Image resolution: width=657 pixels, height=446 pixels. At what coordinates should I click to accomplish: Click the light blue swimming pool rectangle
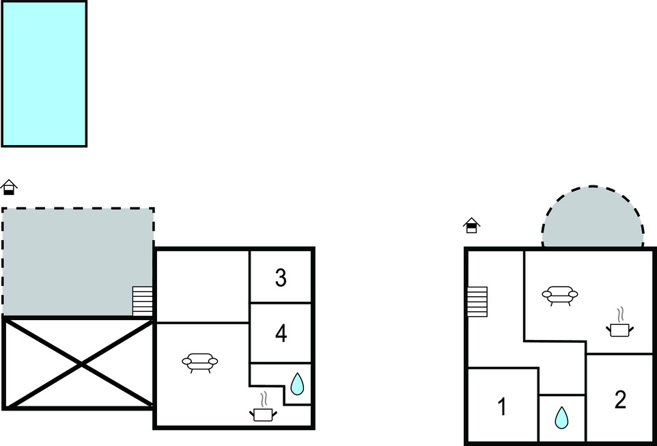(44, 74)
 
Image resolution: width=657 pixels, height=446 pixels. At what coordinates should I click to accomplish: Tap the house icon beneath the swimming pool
(9, 187)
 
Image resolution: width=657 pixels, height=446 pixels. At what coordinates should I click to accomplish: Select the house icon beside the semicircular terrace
(471, 225)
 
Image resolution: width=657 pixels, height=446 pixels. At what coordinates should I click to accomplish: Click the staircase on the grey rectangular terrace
(142, 301)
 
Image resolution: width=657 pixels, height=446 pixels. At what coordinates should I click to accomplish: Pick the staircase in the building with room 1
(477, 301)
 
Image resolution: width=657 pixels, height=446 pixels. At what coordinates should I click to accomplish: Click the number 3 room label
(281, 278)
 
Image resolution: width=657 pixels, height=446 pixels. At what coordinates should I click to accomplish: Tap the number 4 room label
(281, 334)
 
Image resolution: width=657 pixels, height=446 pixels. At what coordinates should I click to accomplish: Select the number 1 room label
(502, 406)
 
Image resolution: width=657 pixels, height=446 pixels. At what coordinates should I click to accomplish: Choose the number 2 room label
(620, 400)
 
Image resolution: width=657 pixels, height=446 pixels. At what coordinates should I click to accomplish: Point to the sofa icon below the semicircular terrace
(560, 296)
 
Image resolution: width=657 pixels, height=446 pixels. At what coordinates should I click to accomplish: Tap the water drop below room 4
(297, 384)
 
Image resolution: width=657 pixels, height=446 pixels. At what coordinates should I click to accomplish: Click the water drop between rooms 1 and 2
(561, 418)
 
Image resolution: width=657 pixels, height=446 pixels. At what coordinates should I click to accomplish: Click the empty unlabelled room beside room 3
(202, 287)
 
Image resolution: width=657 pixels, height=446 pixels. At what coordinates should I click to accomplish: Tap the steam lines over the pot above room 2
(620, 315)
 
